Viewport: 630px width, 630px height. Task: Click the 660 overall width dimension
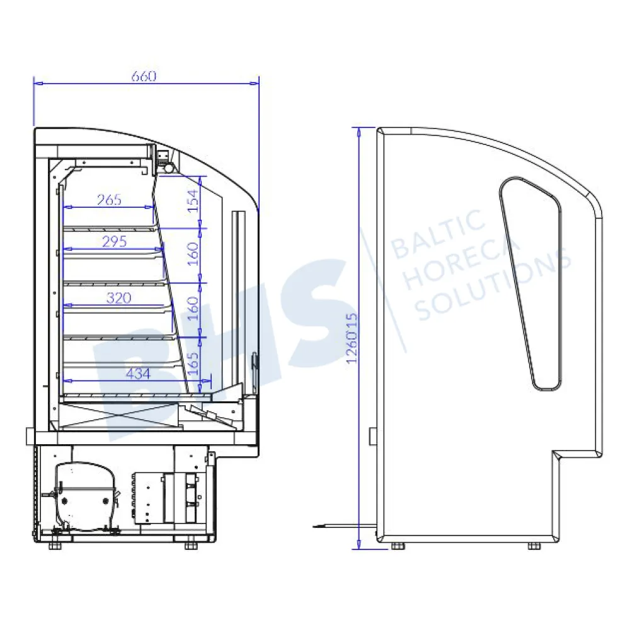[144, 76]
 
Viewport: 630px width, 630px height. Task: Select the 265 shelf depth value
[109, 200]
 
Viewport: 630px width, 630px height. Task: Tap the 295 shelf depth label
[115, 241]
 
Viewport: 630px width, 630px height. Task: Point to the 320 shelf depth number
[118, 298]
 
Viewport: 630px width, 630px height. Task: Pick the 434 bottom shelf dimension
[138, 374]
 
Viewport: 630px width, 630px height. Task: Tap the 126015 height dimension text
[352, 338]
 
